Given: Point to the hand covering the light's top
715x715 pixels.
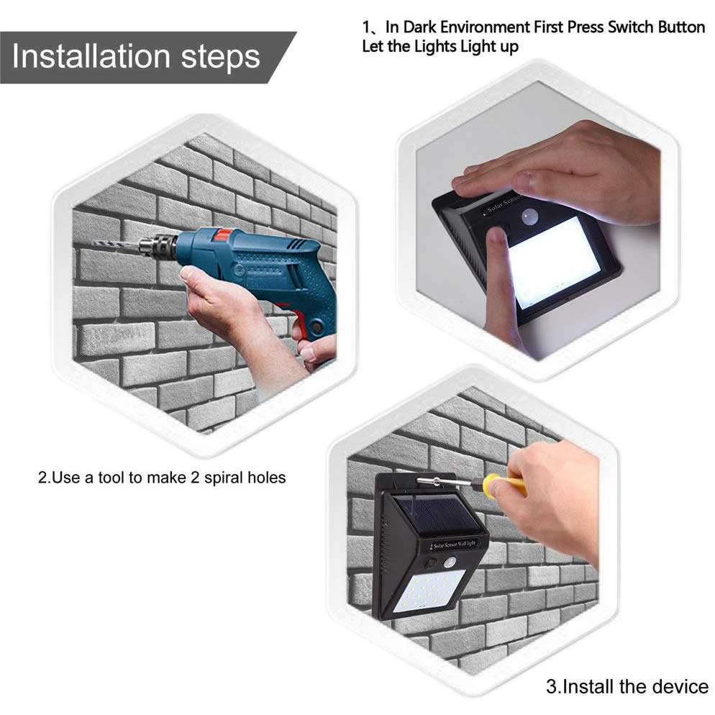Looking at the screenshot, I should [568, 173].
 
